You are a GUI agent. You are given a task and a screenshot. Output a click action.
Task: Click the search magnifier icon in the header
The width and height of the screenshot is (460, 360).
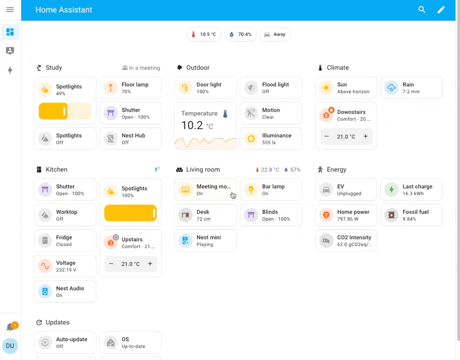(422, 10)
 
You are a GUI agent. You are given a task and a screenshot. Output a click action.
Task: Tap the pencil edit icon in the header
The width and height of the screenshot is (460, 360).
(441, 10)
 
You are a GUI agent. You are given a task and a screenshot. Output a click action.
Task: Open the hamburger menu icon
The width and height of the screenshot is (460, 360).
(10, 10)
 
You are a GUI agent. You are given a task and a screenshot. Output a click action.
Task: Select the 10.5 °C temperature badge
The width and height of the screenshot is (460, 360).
(204, 35)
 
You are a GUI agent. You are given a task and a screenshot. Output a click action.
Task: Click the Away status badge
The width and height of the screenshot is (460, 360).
(275, 35)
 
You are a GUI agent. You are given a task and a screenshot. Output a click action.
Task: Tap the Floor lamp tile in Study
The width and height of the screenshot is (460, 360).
(131, 88)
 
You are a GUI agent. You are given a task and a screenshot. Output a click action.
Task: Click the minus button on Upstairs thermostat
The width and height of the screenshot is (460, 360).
(112, 264)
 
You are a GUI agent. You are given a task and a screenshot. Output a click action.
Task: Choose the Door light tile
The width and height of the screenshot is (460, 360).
(205, 88)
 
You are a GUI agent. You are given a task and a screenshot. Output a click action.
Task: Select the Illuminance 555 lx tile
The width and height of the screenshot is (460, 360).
(271, 139)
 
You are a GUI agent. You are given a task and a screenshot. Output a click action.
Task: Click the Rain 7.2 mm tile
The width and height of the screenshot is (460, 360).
(411, 88)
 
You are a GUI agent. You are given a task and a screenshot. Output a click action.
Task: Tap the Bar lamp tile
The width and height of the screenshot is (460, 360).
(271, 190)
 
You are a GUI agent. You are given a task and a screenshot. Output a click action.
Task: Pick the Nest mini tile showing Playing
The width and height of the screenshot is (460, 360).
(205, 240)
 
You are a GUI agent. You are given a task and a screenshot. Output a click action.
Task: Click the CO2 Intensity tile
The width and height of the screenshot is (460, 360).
(346, 240)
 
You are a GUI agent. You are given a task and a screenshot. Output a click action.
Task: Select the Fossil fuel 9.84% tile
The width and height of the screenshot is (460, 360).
(411, 215)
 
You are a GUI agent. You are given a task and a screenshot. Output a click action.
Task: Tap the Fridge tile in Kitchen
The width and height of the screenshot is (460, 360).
(65, 240)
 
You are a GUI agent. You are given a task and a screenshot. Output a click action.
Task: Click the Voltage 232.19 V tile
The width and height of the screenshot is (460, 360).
(65, 266)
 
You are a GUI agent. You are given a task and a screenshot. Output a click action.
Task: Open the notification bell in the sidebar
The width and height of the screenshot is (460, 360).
(10, 327)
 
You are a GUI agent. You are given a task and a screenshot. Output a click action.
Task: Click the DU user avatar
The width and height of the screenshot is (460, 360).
(10, 346)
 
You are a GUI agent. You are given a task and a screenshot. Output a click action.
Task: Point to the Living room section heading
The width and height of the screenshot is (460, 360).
(202, 170)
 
